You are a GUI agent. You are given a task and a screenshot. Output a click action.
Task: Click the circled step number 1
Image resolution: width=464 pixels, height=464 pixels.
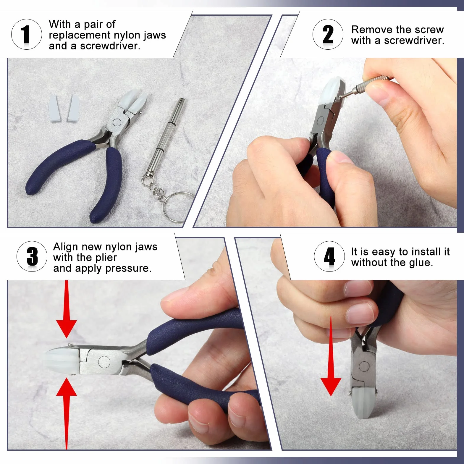click(26, 34)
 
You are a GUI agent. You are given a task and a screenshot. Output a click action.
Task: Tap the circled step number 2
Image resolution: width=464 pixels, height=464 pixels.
click(328, 34)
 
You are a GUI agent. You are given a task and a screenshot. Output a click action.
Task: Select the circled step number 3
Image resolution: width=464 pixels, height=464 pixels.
click(32, 256)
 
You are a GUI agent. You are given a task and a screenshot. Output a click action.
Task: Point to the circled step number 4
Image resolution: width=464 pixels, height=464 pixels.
click(329, 256)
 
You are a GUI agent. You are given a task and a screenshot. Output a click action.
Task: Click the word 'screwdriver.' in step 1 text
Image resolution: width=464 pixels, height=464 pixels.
click(110, 46)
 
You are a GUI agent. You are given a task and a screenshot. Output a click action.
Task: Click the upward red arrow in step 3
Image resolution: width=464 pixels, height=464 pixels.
click(67, 413)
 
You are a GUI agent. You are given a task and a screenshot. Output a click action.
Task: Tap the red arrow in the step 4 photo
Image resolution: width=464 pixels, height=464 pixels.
click(331, 356)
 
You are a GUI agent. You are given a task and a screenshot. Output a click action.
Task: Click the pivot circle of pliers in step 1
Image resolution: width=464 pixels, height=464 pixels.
click(117, 122)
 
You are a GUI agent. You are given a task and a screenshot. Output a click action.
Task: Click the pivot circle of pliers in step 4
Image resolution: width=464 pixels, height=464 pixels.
click(364, 367)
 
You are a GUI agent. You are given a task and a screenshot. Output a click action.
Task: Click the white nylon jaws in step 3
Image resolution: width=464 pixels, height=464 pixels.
click(63, 360)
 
